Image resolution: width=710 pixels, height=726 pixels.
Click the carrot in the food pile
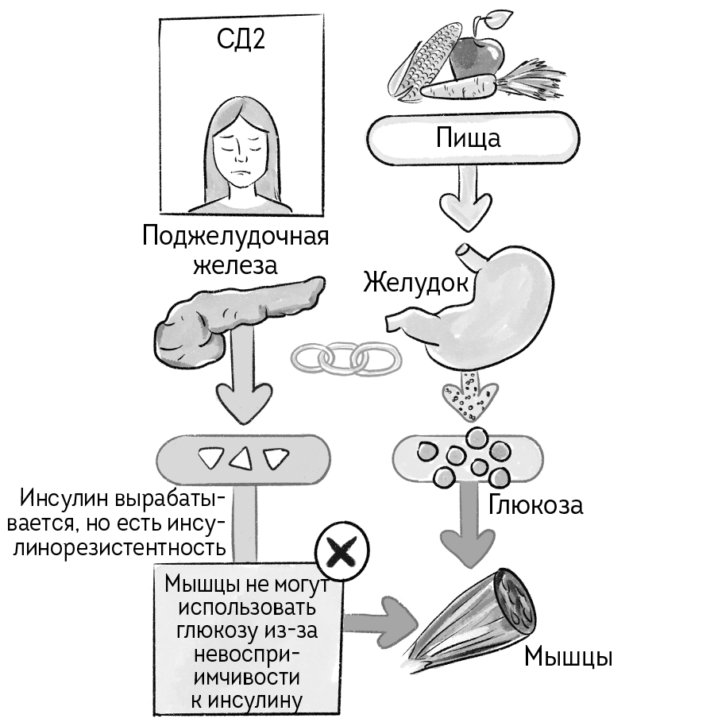(x=477, y=84)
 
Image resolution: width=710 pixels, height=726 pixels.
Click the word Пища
(x=468, y=138)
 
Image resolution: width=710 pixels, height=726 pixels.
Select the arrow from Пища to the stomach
(x=467, y=199)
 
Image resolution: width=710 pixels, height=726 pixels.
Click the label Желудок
(x=414, y=282)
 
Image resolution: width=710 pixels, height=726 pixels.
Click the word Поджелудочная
(x=236, y=237)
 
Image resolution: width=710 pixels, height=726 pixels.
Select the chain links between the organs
(x=342, y=358)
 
